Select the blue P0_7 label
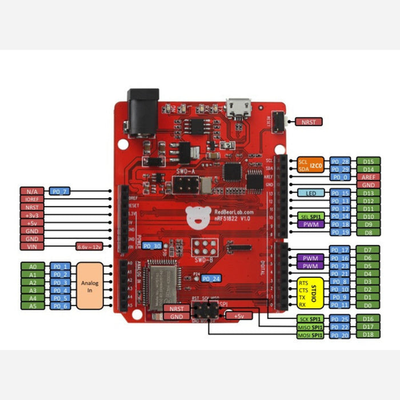coord(60,190)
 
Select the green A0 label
coord(32,266)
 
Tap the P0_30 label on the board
coord(153,246)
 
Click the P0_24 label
coord(211,278)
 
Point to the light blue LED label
coord(311,193)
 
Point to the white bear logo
coord(198,214)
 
